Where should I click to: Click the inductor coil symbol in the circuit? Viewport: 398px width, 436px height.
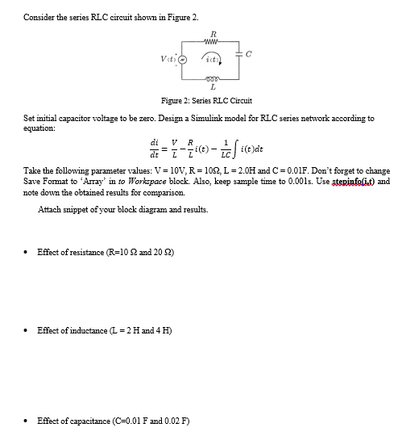[212, 80]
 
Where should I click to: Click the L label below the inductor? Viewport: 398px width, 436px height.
[212, 88]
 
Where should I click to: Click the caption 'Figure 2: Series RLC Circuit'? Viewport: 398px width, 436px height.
[207, 101]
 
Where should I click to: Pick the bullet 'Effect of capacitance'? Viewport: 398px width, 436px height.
[110, 420]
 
